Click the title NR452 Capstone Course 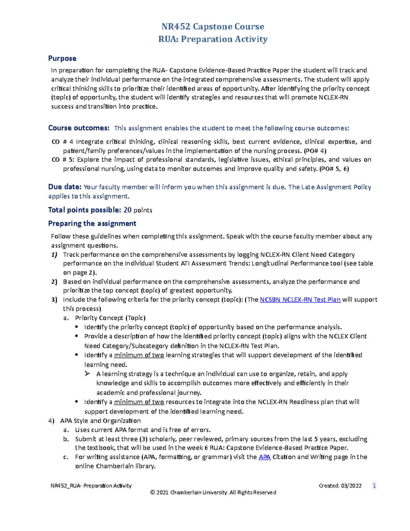click(213, 27)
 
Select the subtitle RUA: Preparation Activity click(213, 39)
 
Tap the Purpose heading click(62, 58)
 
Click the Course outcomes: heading click(79, 128)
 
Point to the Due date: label click(65, 187)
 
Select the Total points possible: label click(84, 210)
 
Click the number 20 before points click(127, 210)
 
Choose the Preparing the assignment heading click(92, 224)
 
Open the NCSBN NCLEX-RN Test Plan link click(300, 300)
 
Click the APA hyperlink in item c click(264, 457)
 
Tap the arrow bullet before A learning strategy click(87, 374)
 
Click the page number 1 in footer click(374, 486)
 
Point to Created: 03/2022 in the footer click(340, 486)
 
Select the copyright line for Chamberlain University click(213, 492)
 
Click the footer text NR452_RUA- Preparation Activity click(91, 486)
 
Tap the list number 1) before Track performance click(54, 255)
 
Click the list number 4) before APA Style click(51, 421)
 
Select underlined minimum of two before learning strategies click(139, 355)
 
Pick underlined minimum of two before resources click(139, 402)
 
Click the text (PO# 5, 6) click(334, 169)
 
